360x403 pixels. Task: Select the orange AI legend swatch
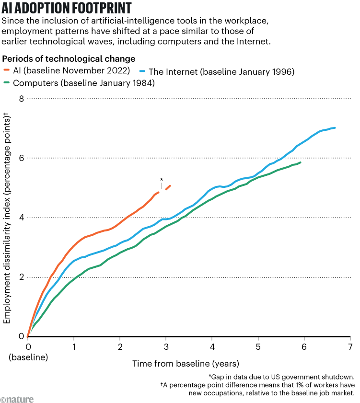tap(6, 71)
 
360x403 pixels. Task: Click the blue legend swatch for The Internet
tap(142, 71)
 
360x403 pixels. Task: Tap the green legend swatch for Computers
tap(6, 83)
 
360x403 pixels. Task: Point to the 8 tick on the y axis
tap(21, 98)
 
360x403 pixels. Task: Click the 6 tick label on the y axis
tap(21, 158)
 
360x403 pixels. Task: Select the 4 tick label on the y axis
tap(21, 218)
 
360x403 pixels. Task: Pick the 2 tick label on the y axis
tap(21, 277)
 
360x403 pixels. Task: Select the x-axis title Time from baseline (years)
tap(186, 363)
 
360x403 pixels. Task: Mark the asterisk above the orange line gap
tap(161, 180)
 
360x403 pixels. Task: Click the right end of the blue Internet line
tap(335, 127)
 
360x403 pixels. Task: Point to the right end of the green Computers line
tap(300, 162)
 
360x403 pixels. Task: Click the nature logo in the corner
tap(14, 396)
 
